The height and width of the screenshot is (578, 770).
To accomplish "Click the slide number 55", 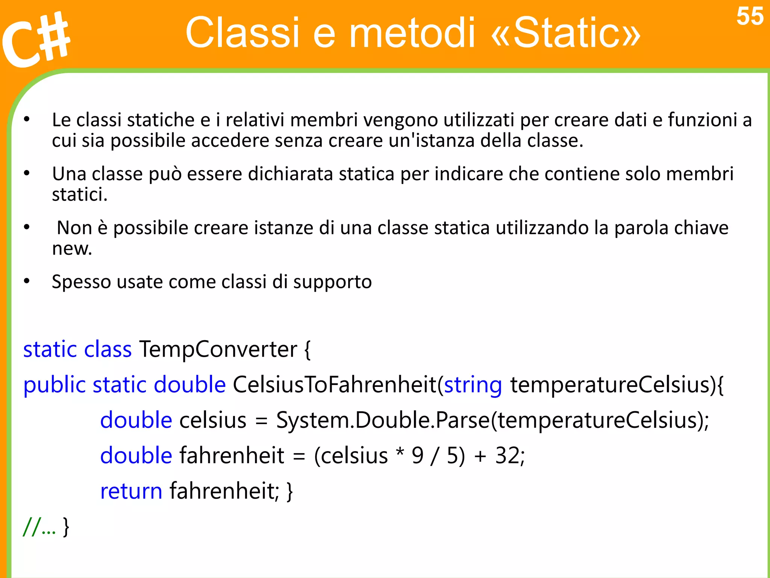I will click(x=749, y=17).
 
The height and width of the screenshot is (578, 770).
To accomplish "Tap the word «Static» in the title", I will click(x=565, y=33).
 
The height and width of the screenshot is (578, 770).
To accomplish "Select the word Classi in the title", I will click(x=242, y=33).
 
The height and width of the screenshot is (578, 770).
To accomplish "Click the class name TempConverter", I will click(x=218, y=349).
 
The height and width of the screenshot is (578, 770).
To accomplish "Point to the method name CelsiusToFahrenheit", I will click(x=334, y=385).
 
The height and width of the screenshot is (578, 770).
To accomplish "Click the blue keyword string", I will click(x=473, y=385).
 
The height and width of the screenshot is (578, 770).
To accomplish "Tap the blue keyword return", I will click(x=131, y=491).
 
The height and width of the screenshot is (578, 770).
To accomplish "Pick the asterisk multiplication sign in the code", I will click(x=399, y=452).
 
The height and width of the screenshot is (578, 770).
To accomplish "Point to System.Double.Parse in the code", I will click(x=383, y=420).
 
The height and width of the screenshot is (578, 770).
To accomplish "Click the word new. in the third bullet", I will click(x=72, y=249).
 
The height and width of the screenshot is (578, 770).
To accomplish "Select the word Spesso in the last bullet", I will click(x=81, y=282).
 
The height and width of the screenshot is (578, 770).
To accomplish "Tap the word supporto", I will click(x=332, y=282).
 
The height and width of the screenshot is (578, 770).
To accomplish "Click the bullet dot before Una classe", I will click(x=27, y=173).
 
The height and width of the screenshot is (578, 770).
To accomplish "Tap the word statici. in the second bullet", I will click(x=79, y=195).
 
